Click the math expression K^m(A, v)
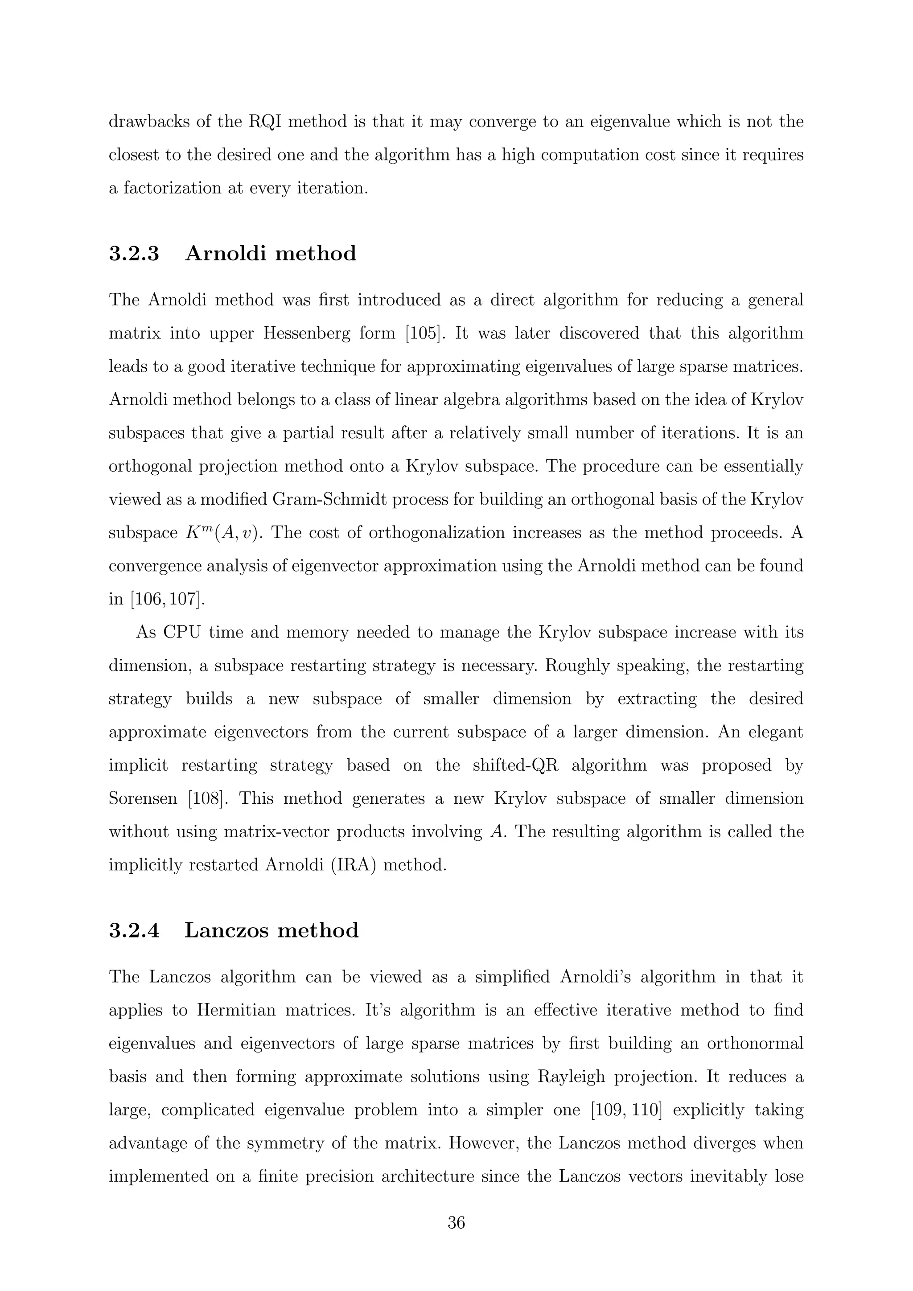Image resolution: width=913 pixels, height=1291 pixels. [x=224, y=533]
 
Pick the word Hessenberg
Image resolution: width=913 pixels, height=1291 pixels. [x=329, y=333]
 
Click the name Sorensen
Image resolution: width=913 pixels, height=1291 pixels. [x=143, y=799]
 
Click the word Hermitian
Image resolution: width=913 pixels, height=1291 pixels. [x=236, y=1011]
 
